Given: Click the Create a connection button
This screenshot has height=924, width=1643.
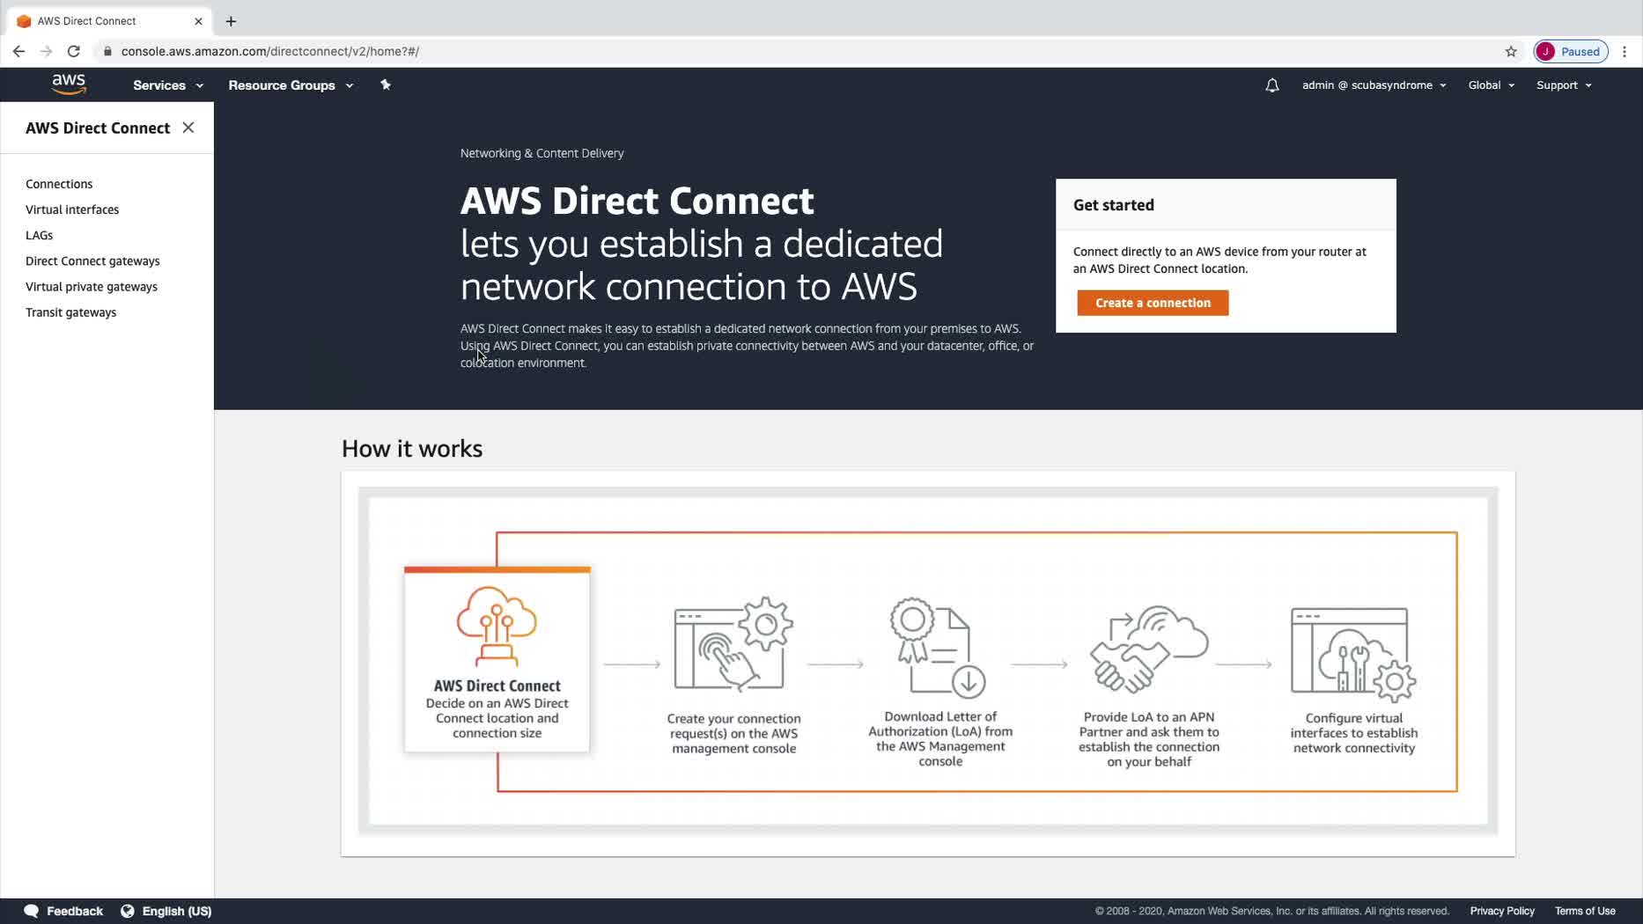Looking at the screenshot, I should pos(1152,303).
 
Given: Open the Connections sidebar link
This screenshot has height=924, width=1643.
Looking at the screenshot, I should pos(59,184).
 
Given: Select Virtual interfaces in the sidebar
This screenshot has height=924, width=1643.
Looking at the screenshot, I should pos(72,209).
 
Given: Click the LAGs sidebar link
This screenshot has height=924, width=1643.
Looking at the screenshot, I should pos(40,235).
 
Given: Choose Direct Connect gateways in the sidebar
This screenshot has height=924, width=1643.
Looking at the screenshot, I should pos(92,260).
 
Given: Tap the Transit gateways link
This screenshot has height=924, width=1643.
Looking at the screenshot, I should pos(70,312).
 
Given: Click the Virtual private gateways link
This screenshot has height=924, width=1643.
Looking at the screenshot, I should pos(92,287).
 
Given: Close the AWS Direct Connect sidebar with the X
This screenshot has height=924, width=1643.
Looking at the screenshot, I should pos(188,128).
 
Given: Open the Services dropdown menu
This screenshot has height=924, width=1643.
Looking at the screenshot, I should pos(168,85).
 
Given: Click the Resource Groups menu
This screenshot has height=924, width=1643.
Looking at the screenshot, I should pos(291,85).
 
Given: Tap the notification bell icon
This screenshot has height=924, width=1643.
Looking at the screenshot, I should pos(1271,85).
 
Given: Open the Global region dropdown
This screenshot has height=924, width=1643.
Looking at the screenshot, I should pos(1491,85).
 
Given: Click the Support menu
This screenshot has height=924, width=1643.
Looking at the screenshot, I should pos(1564,85).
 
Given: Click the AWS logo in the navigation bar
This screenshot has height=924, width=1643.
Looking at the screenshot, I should pos(69,84).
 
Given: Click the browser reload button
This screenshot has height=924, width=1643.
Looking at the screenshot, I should pos(74,51).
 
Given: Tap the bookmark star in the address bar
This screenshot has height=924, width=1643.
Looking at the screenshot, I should pos(1511,51).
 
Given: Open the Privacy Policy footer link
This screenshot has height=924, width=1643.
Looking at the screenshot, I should pos(1501,911).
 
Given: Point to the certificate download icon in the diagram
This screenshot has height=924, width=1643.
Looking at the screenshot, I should pos(937,648).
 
